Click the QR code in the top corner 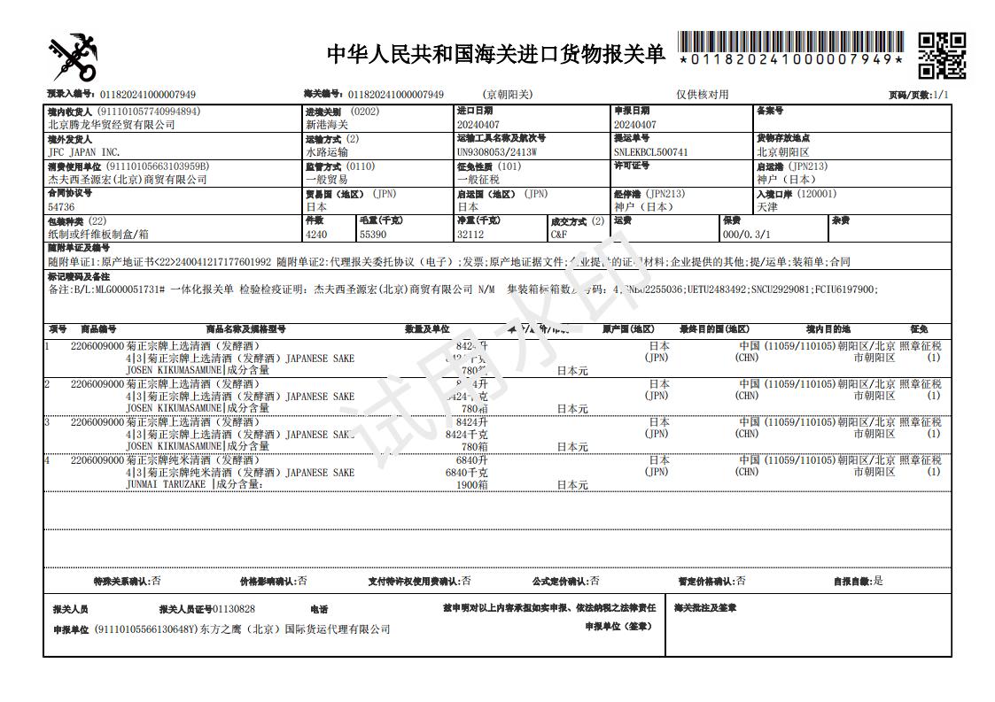[x=941, y=55]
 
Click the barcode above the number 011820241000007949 [x=790, y=42]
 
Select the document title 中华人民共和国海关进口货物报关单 [x=495, y=54]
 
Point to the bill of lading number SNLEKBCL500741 [x=650, y=152]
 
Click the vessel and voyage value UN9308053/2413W [x=497, y=152]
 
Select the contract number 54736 [x=62, y=207]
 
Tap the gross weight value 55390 [x=374, y=235]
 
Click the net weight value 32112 [x=471, y=235]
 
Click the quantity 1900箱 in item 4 [x=471, y=485]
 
